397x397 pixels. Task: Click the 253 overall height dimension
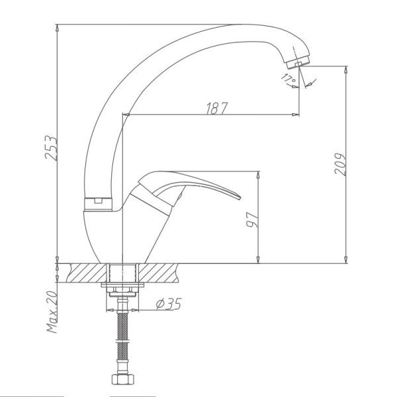(x=51, y=148)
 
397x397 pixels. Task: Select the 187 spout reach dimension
(x=217, y=109)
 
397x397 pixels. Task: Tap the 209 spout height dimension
(x=340, y=164)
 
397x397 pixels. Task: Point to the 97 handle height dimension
(x=253, y=220)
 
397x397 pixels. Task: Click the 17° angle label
(x=288, y=79)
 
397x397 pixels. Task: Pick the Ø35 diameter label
(x=169, y=304)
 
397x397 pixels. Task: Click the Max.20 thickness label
(x=52, y=312)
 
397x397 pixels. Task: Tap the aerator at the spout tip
(x=298, y=62)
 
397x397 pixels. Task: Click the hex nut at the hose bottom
(x=123, y=379)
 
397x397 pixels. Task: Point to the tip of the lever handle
(x=240, y=197)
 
